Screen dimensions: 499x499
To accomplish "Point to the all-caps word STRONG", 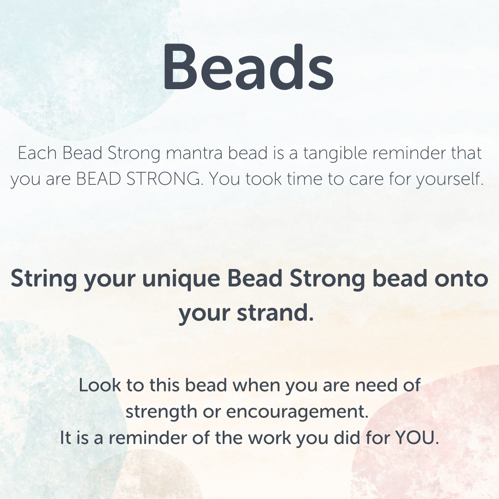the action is pos(164,179).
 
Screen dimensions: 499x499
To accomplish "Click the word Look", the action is pos(99,385).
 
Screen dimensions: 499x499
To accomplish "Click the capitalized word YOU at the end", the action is pos(417,438).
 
